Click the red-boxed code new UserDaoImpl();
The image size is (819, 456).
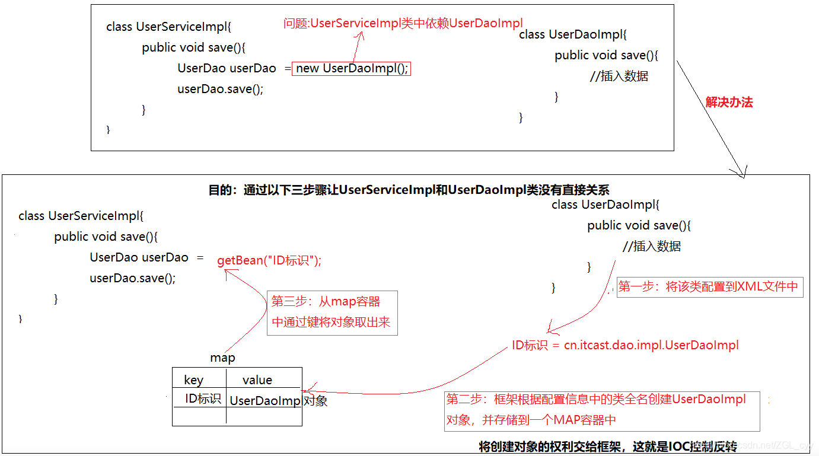352,68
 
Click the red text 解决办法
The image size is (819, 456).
729,102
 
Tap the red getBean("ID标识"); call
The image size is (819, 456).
269,260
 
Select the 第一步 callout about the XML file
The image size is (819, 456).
709,287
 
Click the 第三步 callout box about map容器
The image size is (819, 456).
332,312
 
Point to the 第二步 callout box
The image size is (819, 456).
601,409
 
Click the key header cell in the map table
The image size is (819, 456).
194,380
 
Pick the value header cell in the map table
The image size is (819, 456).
257,380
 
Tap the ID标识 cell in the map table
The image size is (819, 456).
203,398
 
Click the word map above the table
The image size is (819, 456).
222,358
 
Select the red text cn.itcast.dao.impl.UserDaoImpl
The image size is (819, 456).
651,345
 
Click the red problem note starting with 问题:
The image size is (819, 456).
403,24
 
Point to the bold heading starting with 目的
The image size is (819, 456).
409,190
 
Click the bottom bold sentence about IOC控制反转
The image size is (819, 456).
607,446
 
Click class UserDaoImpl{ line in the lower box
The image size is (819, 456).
605,205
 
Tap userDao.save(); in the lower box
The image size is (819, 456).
133,278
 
